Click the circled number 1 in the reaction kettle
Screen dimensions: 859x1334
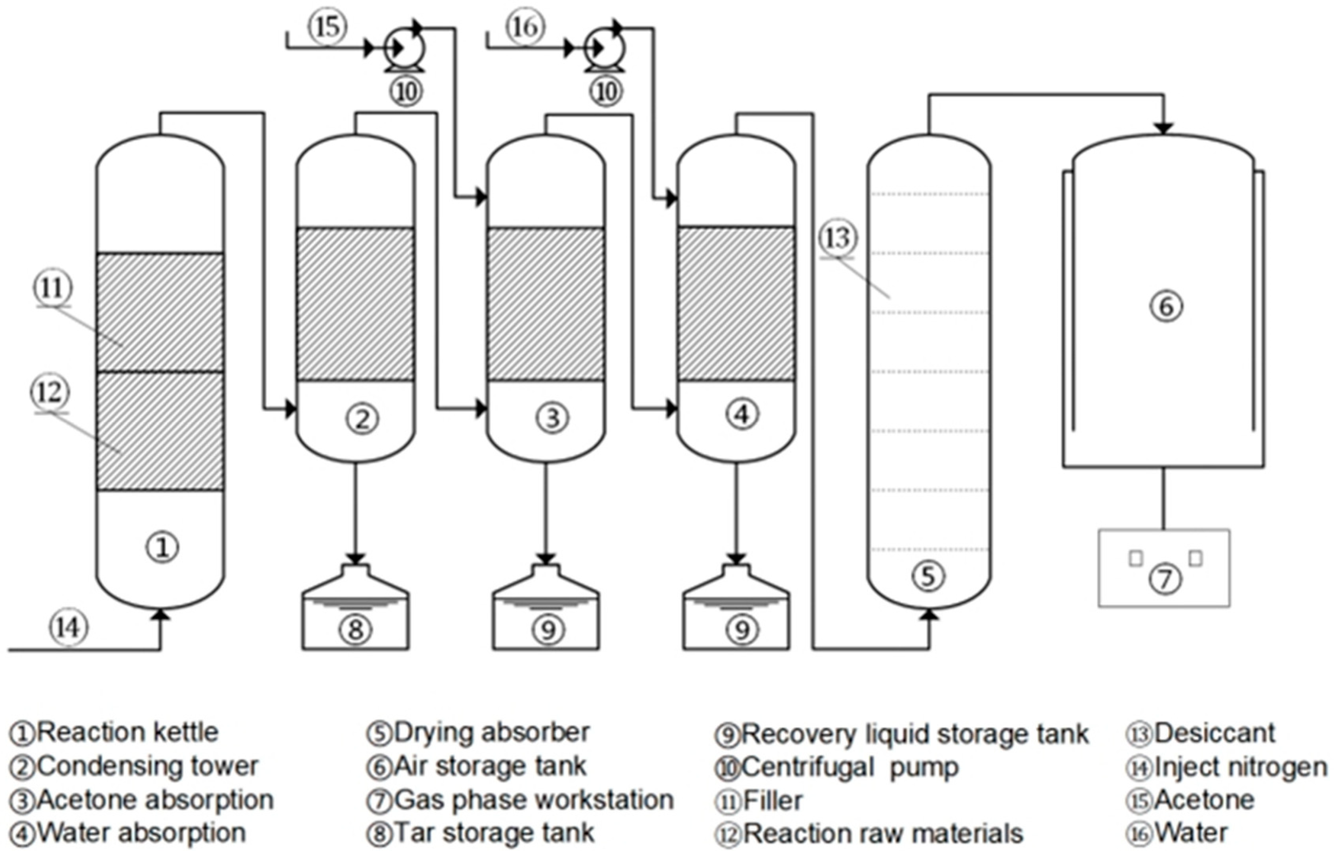pyautogui.click(x=162, y=547)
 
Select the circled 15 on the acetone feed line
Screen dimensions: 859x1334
pyautogui.click(x=327, y=26)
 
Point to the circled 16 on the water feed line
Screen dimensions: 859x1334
pyautogui.click(x=525, y=26)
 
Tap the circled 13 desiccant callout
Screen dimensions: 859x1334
pyautogui.click(x=838, y=238)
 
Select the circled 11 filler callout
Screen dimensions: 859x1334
pyautogui.click(x=54, y=288)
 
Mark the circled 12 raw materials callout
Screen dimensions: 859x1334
pyautogui.click(x=50, y=392)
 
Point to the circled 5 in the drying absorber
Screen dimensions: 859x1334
pyautogui.click(x=928, y=576)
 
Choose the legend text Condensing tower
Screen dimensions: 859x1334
pyautogui.click(x=148, y=766)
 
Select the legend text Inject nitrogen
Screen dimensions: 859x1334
pyautogui.click(x=1241, y=767)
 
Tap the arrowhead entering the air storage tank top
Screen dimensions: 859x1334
pyautogui.click(x=1163, y=128)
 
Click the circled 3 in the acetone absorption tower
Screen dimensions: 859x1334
pyautogui.click(x=552, y=418)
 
